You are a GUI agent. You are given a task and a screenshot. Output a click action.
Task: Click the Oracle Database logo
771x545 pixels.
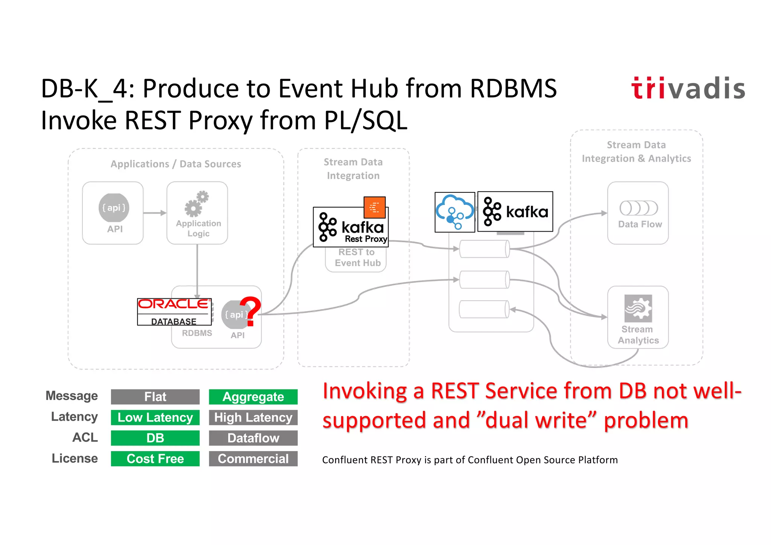(174, 311)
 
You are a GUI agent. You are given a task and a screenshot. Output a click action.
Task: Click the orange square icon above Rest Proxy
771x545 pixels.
(375, 207)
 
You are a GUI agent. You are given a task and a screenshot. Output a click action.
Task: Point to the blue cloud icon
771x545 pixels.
(455, 212)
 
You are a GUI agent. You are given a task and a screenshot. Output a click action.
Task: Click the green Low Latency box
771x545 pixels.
(155, 417)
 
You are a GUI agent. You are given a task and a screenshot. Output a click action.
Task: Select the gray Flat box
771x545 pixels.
(155, 397)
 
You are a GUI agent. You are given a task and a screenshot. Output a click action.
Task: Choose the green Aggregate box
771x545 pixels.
(253, 397)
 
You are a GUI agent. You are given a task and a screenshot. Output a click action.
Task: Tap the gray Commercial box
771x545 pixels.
(253, 459)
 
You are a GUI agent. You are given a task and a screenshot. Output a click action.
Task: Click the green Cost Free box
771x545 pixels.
(155, 459)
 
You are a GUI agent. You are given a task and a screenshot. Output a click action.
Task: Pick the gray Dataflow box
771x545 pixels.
(253, 438)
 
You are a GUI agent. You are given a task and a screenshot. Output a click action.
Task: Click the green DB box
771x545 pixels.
(155, 438)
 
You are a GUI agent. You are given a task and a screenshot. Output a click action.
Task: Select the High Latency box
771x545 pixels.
(253, 417)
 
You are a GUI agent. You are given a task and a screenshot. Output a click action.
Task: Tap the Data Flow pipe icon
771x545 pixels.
(638, 208)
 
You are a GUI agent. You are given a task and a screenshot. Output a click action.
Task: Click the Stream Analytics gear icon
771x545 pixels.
(638, 308)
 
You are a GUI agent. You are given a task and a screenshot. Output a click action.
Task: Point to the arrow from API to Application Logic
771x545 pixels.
(155, 213)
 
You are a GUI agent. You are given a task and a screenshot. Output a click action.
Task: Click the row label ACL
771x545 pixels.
(85, 437)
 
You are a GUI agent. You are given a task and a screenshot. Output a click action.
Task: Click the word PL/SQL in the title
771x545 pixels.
(366, 121)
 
